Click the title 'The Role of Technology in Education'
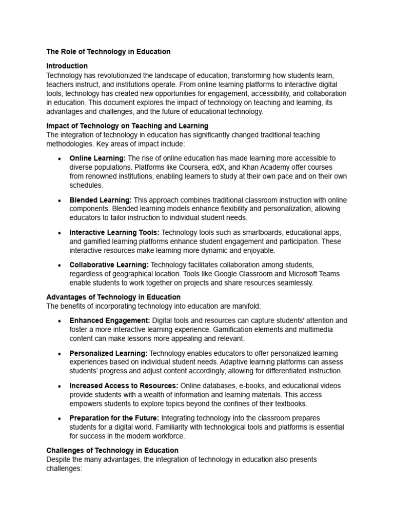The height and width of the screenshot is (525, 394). (x=108, y=52)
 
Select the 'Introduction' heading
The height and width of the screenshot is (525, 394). (x=67, y=66)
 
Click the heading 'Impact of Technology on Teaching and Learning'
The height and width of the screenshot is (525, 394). (x=127, y=126)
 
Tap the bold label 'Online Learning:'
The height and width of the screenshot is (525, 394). (x=97, y=158)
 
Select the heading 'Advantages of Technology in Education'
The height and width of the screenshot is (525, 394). (x=113, y=297)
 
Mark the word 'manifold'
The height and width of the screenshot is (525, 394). (x=246, y=306)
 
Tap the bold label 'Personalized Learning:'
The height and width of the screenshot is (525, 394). (x=108, y=353)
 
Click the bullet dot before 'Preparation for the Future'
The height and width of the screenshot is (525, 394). (x=61, y=418)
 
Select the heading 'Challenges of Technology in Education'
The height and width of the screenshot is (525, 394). (x=112, y=450)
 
